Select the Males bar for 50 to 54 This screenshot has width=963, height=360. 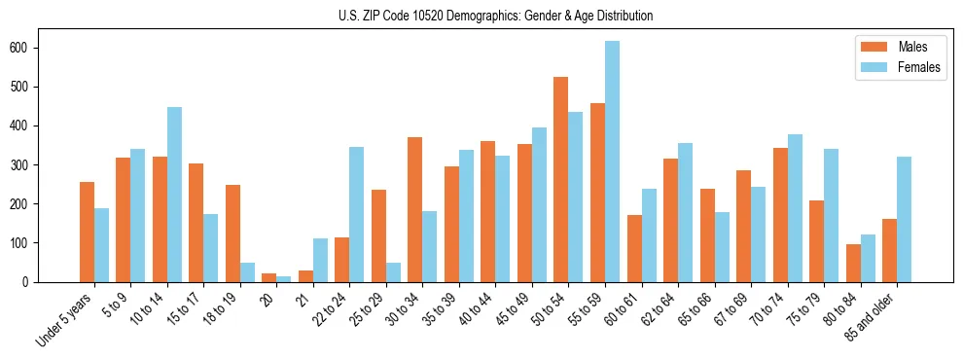[560, 179]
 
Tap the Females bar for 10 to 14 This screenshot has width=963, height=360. [174, 195]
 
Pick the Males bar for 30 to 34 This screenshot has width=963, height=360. [414, 209]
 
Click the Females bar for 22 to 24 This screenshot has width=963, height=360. [356, 214]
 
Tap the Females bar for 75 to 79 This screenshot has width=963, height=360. [831, 215]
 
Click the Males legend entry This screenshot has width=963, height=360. [911, 47]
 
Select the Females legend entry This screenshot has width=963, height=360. [918, 68]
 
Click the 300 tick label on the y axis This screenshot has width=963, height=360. [28, 164]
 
